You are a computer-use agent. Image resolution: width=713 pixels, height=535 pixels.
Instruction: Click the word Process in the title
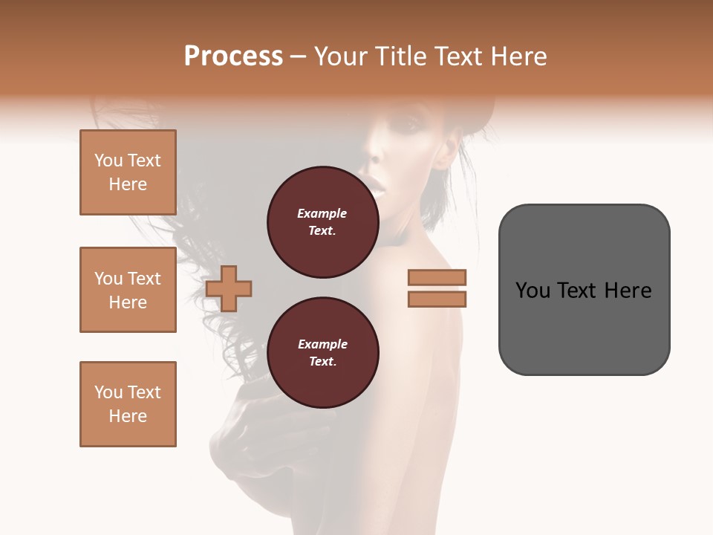[233, 56]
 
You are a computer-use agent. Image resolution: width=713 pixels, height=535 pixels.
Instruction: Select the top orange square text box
[128, 172]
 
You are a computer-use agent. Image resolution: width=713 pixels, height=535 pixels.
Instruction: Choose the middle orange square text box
[128, 290]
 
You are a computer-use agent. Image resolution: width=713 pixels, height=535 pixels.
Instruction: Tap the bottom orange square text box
[128, 404]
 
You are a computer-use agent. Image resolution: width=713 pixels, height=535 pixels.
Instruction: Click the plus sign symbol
[229, 288]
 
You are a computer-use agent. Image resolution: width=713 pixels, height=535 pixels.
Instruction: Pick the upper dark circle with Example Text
[322, 221]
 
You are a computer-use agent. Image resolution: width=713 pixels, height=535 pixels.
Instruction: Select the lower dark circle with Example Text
[322, 352]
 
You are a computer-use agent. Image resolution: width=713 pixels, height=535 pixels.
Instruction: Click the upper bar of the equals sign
[437, 278]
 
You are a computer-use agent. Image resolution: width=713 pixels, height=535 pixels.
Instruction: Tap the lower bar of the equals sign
[437, 299]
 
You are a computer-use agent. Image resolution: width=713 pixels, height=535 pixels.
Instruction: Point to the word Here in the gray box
[628, 291]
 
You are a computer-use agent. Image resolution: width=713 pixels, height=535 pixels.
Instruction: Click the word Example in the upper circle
[322, 213]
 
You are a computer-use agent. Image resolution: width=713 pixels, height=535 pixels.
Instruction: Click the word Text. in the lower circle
[322, 362]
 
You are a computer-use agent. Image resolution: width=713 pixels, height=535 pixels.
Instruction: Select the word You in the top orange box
[108, 160]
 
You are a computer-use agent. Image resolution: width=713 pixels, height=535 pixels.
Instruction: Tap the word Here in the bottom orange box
[128, 416]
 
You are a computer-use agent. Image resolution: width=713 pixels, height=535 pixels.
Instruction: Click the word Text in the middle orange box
[144, 279]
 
